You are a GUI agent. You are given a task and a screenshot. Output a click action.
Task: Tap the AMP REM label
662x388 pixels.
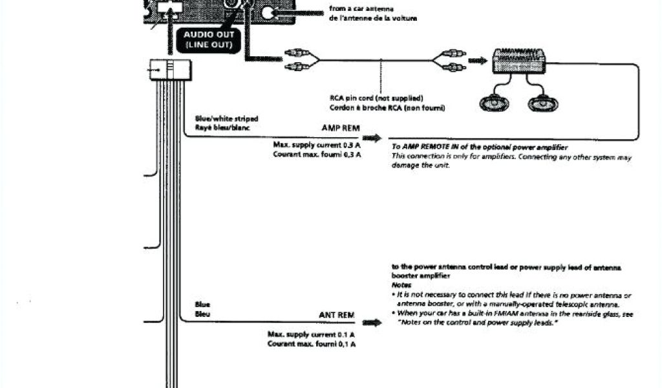(340, 128)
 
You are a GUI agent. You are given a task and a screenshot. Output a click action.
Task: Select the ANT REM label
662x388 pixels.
(337, 315)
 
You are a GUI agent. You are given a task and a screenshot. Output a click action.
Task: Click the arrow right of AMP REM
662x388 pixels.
(371, 138)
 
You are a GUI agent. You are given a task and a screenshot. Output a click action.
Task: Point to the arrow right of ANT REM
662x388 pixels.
(371, 321)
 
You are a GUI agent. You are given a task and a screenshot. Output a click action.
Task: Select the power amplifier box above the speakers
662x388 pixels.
(518, 60)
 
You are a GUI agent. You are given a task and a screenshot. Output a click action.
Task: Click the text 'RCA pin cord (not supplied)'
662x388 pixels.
(376, 98)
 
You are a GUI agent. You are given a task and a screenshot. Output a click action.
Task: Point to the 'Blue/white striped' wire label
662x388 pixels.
(226, 118)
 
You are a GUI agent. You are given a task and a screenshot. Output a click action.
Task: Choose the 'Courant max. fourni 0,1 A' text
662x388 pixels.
(312, 344)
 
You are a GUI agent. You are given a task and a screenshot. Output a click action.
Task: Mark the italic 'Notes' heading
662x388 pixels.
(401, 285)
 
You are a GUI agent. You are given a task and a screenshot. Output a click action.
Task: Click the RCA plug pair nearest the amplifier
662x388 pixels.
(450, 61)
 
